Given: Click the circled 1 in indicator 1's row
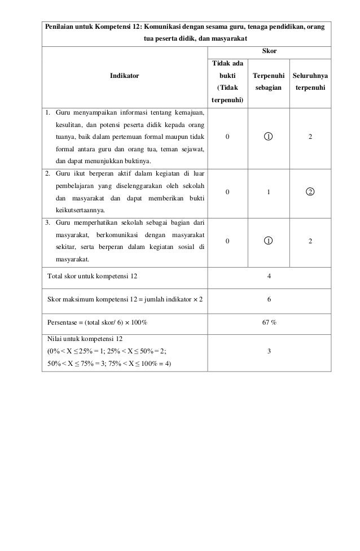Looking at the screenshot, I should click(x=269, y=137).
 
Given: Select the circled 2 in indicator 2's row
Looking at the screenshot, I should click(x=310, y=191).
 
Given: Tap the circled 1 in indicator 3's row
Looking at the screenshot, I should click(x=269, y=240).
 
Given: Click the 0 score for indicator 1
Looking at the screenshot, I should click(x=227, y=137).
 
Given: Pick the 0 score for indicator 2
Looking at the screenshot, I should click(x=227, y=191).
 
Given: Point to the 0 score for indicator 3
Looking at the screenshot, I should click(x=227, y=240).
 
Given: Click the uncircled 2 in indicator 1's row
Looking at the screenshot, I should click(x=310, y=137).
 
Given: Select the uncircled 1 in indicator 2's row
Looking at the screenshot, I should click(x=269, y=191).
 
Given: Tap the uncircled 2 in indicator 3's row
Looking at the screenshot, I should click(x=310, y=240).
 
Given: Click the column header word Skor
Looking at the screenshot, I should click(x=269, y=51).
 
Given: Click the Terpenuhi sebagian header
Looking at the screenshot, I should click(x=269, y=81).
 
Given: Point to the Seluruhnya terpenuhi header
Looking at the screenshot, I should click(x=310, y=81).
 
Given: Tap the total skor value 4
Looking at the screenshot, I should click(x=269, y=276).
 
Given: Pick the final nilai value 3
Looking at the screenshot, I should click(x=269, y=351).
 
